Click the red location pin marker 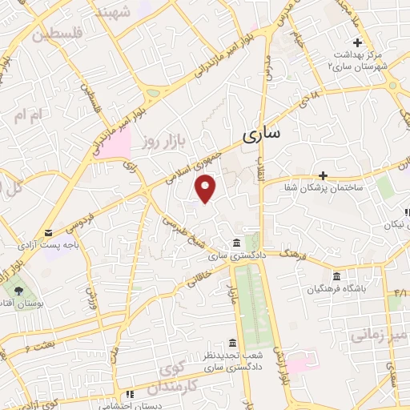(207, 189)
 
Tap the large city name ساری (261, 135)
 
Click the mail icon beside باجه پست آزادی (48, 211)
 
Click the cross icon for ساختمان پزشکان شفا (323, 175)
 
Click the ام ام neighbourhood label (27, 115)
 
